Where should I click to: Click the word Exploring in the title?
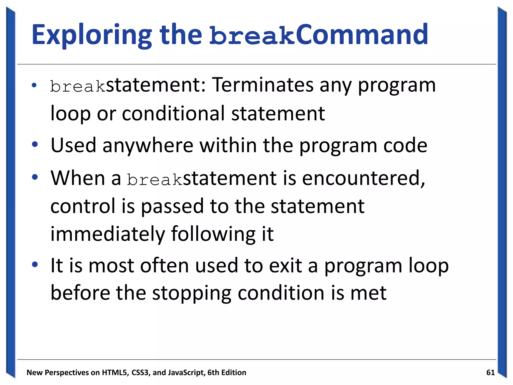[92, 35]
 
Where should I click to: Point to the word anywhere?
[148, 145]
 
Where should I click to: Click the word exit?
[285, 266]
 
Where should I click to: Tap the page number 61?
[490, 373]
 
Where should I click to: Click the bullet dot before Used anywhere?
[35, 144]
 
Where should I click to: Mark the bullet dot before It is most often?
[35, 264]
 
